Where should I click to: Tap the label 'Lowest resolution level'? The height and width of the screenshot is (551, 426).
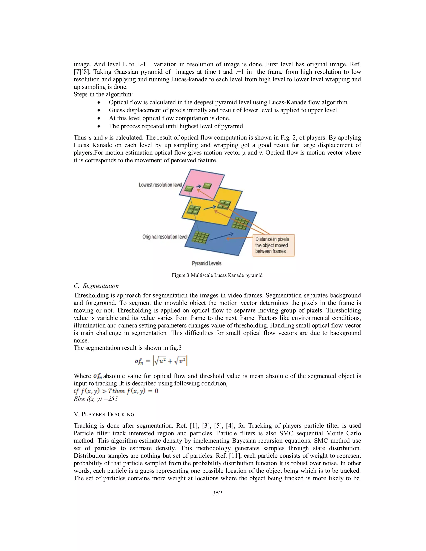click(160, 185)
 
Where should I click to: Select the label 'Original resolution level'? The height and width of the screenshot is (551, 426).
click(165, 237)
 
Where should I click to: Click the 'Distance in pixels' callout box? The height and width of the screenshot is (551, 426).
click(273, 245)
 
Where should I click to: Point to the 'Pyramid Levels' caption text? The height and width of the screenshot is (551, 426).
click(206, 263)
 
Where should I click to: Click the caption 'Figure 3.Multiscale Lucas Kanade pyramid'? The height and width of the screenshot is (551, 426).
click(217, 275)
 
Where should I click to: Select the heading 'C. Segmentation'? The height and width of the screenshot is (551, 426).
click(96, 286)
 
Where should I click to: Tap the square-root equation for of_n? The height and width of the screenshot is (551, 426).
click(161, 362)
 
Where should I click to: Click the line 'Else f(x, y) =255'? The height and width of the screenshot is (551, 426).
click(96, 399)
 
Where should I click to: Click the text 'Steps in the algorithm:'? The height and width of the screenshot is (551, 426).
click(103, 94)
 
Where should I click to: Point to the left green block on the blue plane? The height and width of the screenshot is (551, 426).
click(201, 237)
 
